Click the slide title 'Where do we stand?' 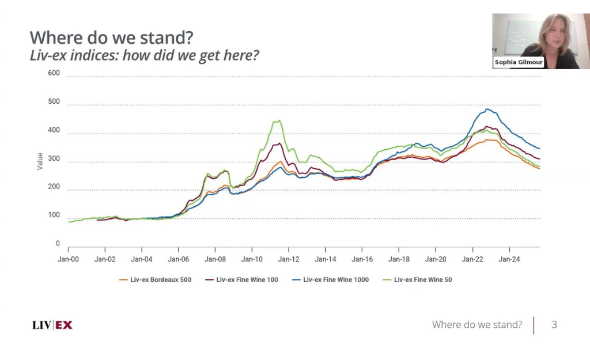pos(111,38)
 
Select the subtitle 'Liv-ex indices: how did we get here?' pos(145,56)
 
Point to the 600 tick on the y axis pos(54,73)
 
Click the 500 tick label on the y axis pos(54,102)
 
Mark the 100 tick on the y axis pos(54,215)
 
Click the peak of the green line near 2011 pos(279,120)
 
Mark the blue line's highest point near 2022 pos(487,109)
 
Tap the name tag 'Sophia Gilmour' pos(519,62)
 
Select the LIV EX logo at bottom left pos(52,325)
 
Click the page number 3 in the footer pos(554,325)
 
